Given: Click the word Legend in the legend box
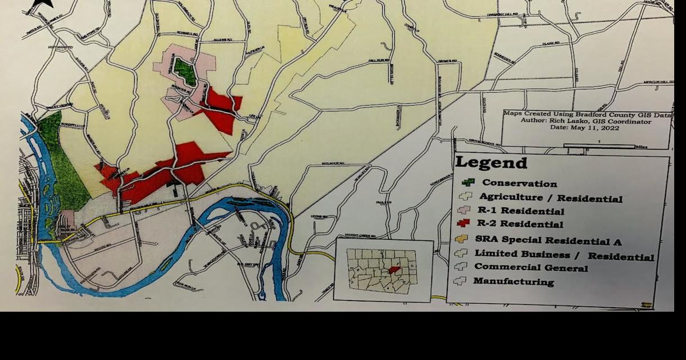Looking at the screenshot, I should [x=491, y=163].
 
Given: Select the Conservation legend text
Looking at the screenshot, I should [x=519, y=184].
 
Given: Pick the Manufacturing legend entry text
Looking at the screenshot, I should [x=513, y=281].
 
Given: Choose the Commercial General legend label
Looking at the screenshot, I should [x=531, y=268].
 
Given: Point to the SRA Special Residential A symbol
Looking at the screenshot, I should [x=461, y=239].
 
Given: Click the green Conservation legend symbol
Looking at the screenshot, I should [x=468, y=182].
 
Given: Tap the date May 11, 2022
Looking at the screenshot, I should [x=585, y=128].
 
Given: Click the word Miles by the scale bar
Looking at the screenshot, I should [x=641, y=147].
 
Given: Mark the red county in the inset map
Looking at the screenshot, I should [x=396, y=270].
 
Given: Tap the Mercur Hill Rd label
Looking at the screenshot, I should [x=658, y=82].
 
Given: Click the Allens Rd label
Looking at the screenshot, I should [x=222, y=40].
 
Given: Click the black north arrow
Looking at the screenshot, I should [x=42, y=4].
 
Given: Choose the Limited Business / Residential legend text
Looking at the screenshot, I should [x=564, y=254].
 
